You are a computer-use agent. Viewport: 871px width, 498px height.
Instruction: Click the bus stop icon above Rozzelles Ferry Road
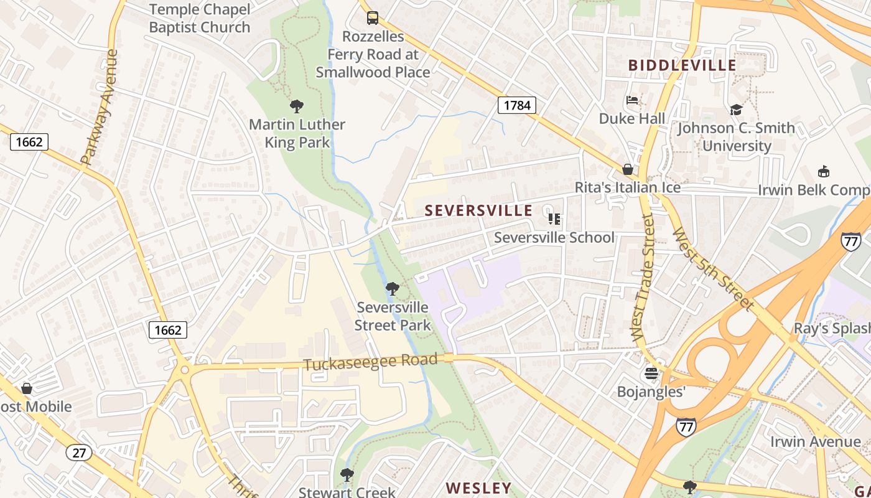coord(372,18)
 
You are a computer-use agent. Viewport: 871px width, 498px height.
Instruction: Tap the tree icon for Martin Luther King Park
coord(297,106)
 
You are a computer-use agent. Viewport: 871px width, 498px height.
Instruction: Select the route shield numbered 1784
coord(516,105)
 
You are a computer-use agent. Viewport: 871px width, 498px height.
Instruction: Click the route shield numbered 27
coord(78,453)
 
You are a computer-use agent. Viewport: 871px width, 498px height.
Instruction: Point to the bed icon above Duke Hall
coord(632,100)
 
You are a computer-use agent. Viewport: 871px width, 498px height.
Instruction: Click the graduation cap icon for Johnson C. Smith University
coord(736,110)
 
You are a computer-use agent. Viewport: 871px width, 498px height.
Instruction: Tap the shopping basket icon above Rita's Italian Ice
coord(628,169)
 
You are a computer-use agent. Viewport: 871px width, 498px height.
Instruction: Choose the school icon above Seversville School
coord(554,219)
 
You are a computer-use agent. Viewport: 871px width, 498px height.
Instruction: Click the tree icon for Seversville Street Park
coord(392,289)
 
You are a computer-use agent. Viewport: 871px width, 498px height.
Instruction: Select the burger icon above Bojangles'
coord(651,374)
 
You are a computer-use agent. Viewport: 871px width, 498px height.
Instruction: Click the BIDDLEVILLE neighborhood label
coord(682,65)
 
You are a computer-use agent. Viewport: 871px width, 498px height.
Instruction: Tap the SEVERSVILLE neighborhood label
coord(478,210)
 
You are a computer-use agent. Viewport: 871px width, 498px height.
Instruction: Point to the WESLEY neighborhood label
coord(478,487)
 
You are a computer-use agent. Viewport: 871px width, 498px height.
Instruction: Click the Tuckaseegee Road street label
coord(370,362)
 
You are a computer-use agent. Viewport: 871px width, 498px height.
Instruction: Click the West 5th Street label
coord(713,269)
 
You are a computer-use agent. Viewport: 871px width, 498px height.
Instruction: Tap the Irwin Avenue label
coord(816,442)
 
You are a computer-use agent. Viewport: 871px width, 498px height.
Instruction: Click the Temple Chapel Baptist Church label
coord(200,19)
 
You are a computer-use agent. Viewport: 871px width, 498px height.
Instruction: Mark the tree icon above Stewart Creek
coord(347,475)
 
